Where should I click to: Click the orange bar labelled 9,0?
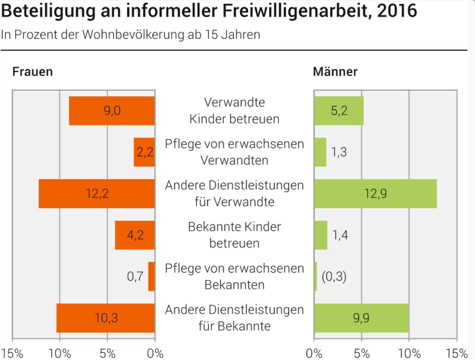coord(112,111)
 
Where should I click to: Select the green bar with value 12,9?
coord(375,194)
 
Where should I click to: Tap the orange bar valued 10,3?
coord(105,318)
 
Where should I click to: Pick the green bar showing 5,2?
coord(339,111)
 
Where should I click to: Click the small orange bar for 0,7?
coord(152,276)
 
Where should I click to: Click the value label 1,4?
coord(340,235)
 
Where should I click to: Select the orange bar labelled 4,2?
coord(135,235)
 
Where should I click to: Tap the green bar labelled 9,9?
coord(361,318)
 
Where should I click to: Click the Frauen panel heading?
coord(32,72)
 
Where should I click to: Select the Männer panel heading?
coord(335,72)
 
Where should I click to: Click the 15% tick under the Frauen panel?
coord(12,354)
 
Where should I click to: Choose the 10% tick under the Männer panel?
coord(409,354)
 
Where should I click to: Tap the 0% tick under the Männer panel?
coord(314,354)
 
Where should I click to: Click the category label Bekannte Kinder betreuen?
coord(234,235)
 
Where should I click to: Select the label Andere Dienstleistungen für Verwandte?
coord(234,194)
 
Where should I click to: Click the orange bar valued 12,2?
coord(97,194)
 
